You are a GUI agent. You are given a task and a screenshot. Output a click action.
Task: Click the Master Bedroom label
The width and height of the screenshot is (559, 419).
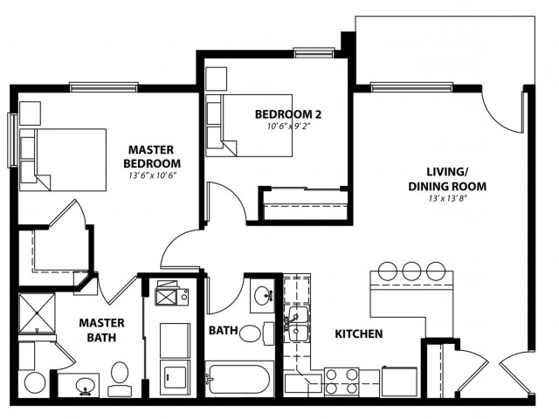coord(152,156)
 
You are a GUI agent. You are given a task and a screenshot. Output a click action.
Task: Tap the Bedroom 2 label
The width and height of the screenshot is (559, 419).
coord(288,114)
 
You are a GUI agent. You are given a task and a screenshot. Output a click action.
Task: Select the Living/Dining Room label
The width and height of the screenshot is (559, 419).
coord(447,179)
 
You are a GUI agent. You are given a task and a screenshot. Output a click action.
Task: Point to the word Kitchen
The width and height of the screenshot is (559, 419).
coord(359,333)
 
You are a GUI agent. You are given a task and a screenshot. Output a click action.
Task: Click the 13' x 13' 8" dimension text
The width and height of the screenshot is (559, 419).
coord(448,199)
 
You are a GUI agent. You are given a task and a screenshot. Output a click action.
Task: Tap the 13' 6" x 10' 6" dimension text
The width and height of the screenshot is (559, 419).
coord(153,175)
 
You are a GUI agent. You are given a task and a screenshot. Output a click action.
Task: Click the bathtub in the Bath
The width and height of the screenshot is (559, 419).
coord(238,379)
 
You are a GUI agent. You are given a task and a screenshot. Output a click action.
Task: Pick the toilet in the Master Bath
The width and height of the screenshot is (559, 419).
coord(120,378)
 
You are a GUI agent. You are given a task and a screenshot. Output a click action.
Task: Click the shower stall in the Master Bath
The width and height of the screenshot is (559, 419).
coord(37,313)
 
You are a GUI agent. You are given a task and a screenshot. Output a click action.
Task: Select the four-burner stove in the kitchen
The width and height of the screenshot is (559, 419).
coord(342,381)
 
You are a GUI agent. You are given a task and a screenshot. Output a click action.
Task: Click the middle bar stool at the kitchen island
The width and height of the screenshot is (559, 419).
coord(411,271)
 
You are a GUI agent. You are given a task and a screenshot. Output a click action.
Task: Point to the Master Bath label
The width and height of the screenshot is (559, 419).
coord(101,330)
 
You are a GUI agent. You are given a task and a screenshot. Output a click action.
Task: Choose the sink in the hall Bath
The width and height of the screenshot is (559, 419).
coord(263,296)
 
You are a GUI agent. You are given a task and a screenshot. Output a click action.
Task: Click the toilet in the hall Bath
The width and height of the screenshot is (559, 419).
coord(257,333)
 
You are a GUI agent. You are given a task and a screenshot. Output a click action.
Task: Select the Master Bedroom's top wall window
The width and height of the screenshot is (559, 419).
coord(104,87)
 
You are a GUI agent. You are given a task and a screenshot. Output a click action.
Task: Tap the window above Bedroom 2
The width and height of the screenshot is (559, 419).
coord(314,52)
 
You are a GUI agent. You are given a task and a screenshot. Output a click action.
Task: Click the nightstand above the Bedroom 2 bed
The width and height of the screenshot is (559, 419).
coord(217,79)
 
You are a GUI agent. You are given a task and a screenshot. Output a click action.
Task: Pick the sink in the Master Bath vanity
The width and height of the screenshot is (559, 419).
coord(85,385)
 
